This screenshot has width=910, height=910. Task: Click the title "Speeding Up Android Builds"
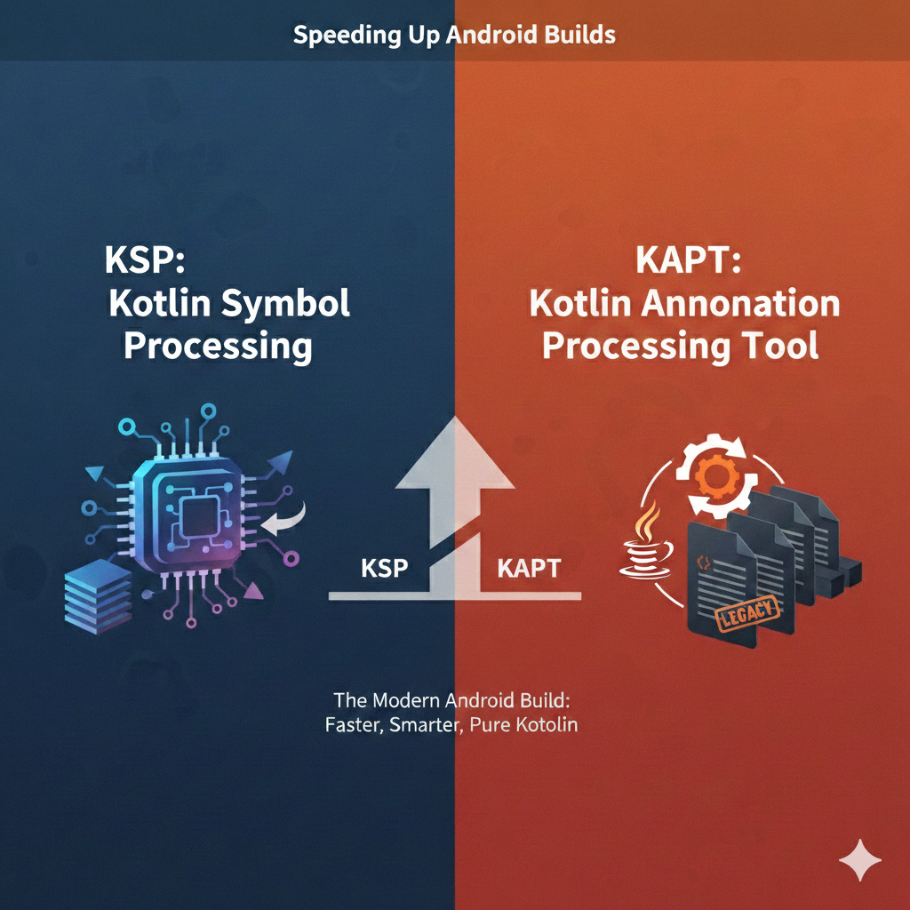click(x=454, y=36)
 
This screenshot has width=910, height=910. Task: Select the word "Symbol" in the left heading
click(x=284, y=304)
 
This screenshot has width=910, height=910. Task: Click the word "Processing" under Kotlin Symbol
click(x=218, y=345)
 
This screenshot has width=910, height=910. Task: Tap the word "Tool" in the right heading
click(x=777, y=345)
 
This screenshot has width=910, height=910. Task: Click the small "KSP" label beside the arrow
click(x=385, y=569)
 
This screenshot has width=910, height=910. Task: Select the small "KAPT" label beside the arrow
click(x=529, y=569)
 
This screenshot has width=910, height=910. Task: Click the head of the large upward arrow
click(x=454, y=453)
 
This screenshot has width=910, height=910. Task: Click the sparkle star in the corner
click(x=860, y=860)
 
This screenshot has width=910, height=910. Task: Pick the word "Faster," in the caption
click(x=355, y=724)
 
